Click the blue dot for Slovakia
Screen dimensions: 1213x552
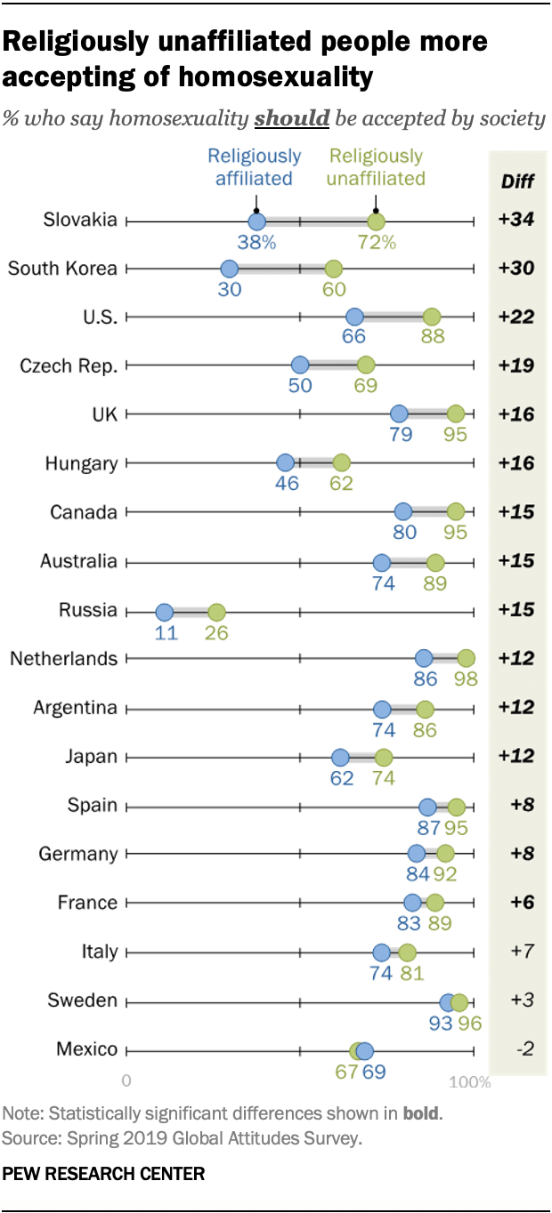tap(256, 221)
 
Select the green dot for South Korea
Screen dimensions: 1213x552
tap(333, 269)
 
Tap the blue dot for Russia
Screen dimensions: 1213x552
tap(164, 612)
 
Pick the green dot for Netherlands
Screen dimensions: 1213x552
tap(465, 658)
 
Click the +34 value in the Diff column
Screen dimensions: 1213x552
tap(515, 221)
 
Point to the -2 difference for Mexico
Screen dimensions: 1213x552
tap(524, 1050)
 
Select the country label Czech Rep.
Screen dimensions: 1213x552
tap(69, 365)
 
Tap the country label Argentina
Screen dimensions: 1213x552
tap(75, 708)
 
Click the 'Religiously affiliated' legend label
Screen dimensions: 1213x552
tap(255, 166)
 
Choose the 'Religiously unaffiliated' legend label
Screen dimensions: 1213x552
tap(377, 166)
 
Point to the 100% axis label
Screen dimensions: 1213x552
tap(469, 1082)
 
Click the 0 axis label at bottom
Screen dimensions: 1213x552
tap(126, 1082)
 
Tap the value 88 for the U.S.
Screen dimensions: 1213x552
tap(434, 337)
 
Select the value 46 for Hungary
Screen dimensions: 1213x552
tap(286, 484)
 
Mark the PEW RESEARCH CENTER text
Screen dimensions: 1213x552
tap(103, 1174)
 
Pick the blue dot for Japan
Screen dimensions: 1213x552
tap(340, 757)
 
